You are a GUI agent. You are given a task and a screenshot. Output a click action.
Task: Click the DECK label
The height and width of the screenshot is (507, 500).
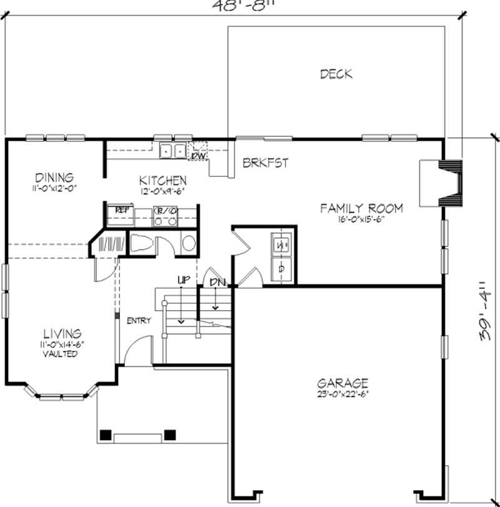(x=336, y=74)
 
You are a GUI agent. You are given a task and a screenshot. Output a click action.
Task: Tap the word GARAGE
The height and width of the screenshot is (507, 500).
(x=342, y=383)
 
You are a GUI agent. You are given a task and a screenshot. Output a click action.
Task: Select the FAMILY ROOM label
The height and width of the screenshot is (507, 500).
(x=362, y=208)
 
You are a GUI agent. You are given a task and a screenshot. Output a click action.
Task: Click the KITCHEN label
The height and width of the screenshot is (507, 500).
(x=162, y=180)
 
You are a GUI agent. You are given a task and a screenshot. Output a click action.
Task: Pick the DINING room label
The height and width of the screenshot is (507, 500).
(x=54, y=178)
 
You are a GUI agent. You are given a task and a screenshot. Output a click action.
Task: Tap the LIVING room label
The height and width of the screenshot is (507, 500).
(x=62, y=334)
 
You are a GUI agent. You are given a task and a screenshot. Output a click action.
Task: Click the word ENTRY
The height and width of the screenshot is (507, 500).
(x=139, y=321)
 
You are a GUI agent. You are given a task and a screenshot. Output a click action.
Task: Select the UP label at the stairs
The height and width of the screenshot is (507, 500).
(x=182, y=281)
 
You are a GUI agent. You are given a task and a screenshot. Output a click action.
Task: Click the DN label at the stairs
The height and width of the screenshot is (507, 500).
(x=217, y=283)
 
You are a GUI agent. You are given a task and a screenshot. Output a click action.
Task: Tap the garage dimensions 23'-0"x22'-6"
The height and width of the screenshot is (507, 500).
(x=342, y=394)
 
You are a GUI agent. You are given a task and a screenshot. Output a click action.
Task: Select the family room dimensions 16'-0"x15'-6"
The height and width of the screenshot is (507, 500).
(x=362, y=219)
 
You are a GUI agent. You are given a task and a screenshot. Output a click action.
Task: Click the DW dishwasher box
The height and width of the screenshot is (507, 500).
(x=199, y=153)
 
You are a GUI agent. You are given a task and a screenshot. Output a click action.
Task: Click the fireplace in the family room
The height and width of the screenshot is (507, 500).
(x=440, y=183)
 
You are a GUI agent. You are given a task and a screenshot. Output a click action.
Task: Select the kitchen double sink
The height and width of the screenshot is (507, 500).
(x=172, y=151)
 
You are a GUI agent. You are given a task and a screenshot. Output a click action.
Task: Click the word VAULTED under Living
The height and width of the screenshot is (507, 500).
(x=61, y=354)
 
